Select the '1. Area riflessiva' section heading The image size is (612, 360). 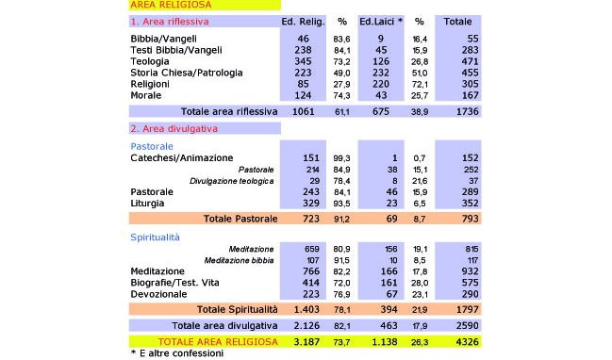(x=170, y=20)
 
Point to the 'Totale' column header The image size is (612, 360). (x=458, y=20)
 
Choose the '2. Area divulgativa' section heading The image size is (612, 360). (x=175, y=127)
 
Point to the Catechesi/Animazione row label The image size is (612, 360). (x=181, y=157)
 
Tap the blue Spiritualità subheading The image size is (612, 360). (x=155, y=237)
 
